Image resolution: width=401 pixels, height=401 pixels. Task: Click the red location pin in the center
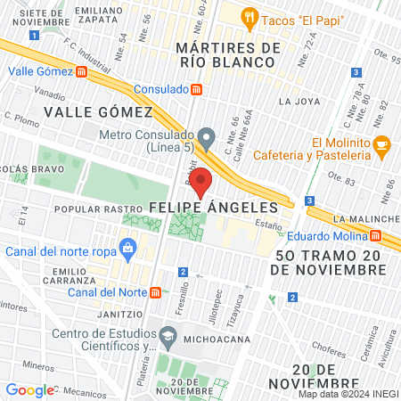pyautogui.click(x=201, y=182)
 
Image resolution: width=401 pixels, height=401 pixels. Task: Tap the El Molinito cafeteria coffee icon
pyautogui.click(x=381, y=143)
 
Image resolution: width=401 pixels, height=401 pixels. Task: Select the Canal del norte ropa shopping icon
pyautogui.click(x=128, y=246)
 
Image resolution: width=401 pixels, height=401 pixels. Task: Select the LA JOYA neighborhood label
pyautogui.click(x=298, y=102)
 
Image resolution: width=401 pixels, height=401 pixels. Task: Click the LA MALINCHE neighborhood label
pyautogui.click(x=365, y=218)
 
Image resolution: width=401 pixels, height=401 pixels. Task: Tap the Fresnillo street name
pyautogui.click(x=182, y=291)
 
